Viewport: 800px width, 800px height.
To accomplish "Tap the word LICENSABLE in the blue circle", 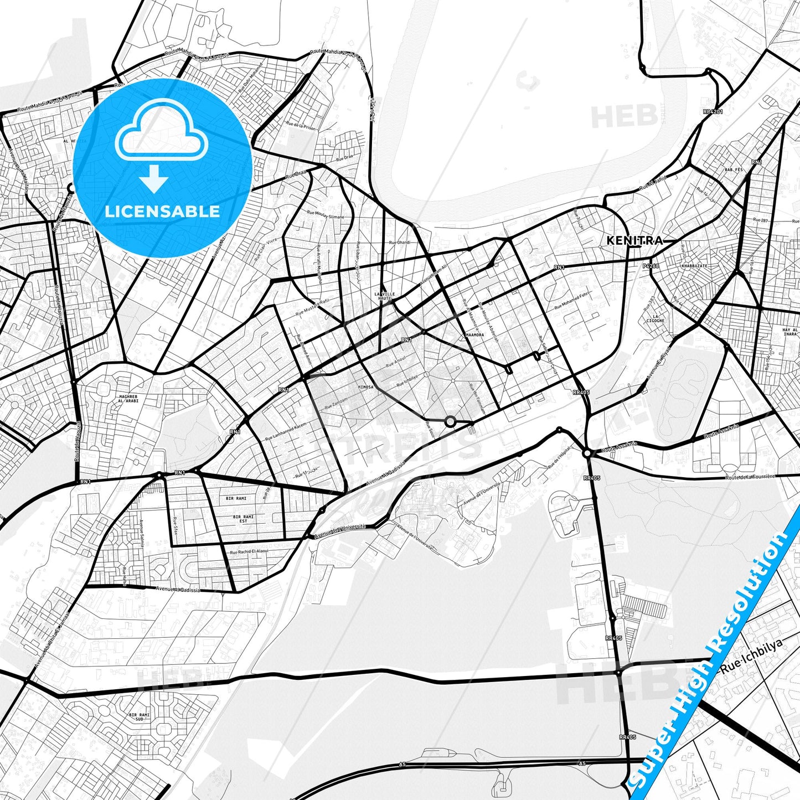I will (162, 211).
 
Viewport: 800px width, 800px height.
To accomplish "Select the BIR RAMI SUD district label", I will (140, 717).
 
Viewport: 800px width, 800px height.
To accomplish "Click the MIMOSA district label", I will (366, 387).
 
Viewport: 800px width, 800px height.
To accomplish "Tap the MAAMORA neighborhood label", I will (474, 335).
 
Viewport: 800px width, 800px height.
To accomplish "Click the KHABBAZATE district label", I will (694, 266).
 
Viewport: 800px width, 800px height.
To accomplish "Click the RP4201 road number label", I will (713, 111).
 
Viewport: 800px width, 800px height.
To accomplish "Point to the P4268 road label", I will (651, 266).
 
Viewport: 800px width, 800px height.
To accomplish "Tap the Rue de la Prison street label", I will (301, 126).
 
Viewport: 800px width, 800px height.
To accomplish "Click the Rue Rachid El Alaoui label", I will (249, 551).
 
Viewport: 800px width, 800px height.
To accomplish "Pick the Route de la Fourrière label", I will (750, 477).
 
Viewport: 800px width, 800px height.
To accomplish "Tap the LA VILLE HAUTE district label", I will (384, 296).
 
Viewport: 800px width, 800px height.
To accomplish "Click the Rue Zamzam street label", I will (336, 406).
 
